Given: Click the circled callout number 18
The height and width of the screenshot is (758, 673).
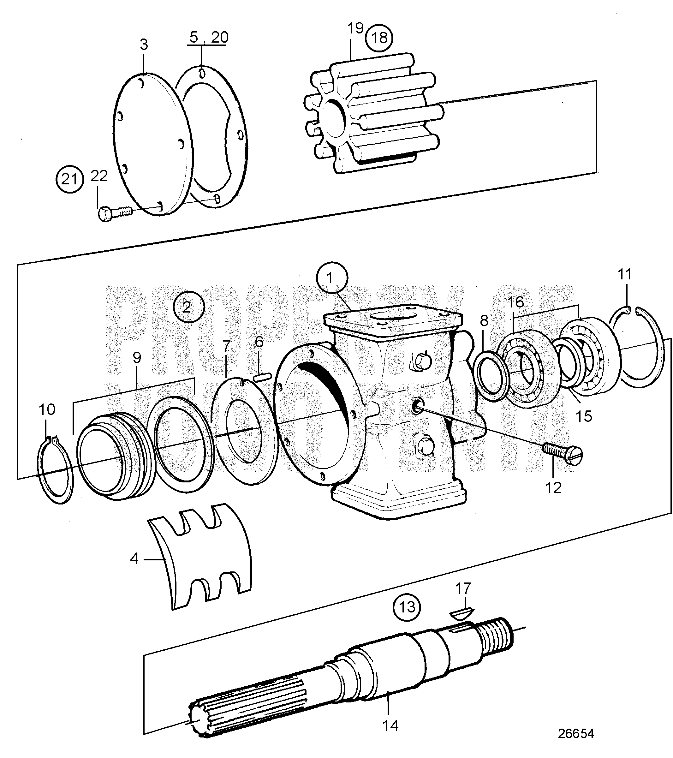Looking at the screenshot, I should [x=379, y=38].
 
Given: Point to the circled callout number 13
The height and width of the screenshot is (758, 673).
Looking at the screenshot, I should [x=407, y=607].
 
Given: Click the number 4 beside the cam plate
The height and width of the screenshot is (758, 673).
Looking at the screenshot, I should [x=134, y=558].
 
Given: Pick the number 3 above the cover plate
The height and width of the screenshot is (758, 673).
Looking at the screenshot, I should [x=144, y=45].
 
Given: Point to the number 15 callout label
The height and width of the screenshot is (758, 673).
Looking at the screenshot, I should [x=584, y=416].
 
